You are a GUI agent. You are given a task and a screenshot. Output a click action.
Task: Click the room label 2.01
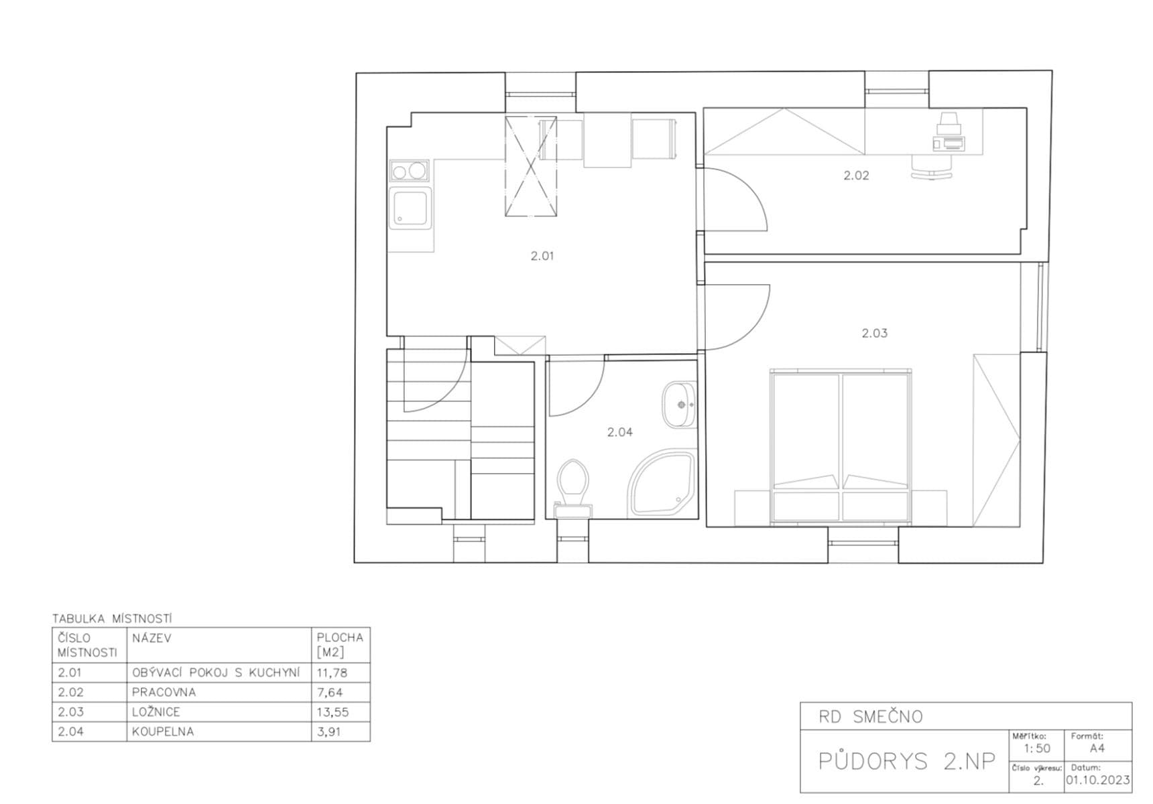tap(542, 256)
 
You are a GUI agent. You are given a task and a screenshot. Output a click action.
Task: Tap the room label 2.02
tap(856, 176)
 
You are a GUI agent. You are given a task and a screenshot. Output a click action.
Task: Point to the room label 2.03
tap(874, 333)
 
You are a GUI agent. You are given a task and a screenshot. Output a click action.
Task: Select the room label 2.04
tap(619, 432)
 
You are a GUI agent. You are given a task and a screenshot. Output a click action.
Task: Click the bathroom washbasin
tap(679, 405)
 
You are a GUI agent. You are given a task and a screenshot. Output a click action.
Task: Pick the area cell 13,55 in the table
tap(333, 712)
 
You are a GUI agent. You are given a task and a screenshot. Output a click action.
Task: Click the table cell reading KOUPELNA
tap(163, 732)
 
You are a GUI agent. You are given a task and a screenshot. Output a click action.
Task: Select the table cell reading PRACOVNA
tap(164, 692)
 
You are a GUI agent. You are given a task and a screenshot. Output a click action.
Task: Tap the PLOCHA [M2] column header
tap(340, 645)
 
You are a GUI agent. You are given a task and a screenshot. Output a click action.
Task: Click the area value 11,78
tap(333, 673)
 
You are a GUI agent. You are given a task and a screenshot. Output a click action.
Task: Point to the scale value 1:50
tap(1037, 748)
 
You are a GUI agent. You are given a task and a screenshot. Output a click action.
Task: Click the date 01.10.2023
tap(1097, 781)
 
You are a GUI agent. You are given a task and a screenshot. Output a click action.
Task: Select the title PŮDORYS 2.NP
tap(906, 761)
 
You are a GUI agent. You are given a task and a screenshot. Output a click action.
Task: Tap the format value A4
tap(1097, 748)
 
